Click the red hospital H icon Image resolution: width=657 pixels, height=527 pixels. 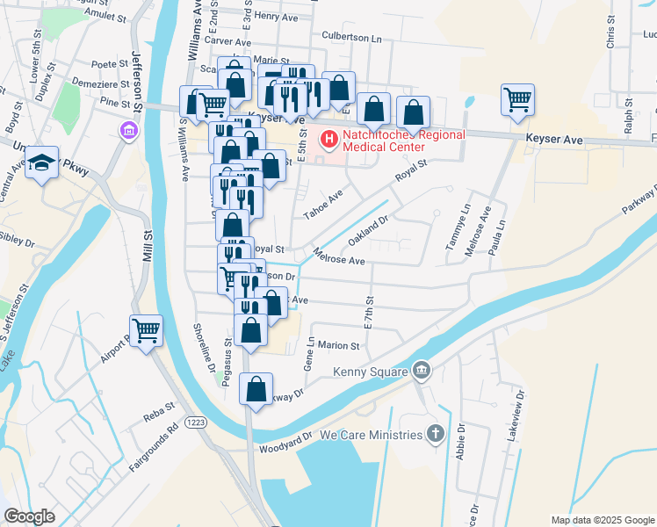coord(328,139)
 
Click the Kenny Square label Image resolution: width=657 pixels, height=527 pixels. coord(369,372)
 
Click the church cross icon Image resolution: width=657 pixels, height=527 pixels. coord(435,433)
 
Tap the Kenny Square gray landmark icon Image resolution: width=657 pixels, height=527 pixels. coord(422,371)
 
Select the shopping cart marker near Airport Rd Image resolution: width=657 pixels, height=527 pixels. coord(146,331)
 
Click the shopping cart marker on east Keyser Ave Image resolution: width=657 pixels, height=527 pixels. coord(518,99)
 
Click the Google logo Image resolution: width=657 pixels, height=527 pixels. coord(29,516)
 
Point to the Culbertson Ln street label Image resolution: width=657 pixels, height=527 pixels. coord(352,39)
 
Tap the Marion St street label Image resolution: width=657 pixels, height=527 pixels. coord(340,345)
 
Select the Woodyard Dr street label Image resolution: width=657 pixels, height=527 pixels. coord(286,443)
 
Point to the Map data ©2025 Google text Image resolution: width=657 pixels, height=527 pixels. coord(602,520)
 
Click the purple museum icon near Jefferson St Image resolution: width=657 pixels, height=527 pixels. coord(129,132)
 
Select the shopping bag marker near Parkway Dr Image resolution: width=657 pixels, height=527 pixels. coord(256,389)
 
